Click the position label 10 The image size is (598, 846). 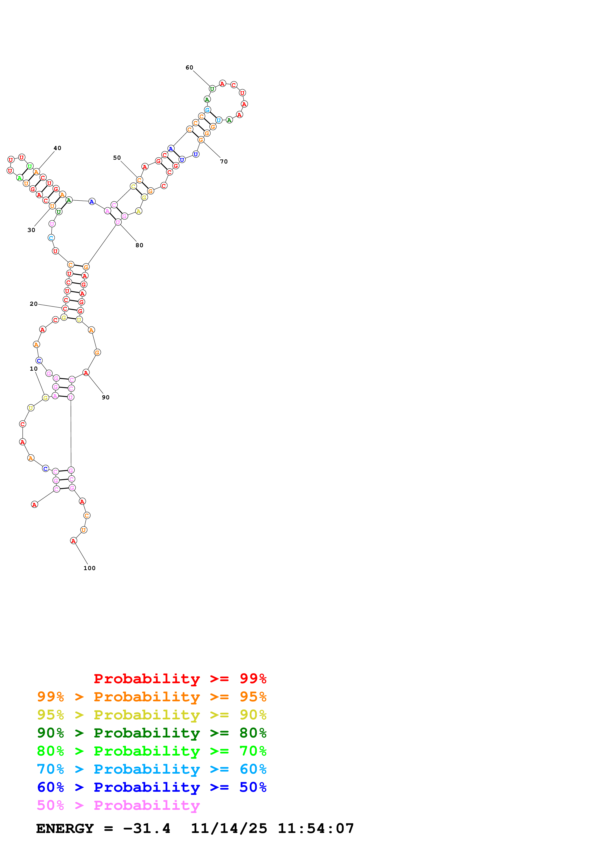[34, 368]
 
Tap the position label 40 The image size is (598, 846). [57, 148]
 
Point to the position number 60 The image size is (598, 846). [189, 68]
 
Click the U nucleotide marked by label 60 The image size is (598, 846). [212, 89]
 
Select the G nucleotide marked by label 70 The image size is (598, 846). [201, 140]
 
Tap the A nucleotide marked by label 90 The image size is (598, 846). [86, 373]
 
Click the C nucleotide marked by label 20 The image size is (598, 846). [65, 308]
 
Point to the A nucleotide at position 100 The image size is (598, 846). [73, 540]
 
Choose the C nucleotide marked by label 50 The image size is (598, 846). [139, 180]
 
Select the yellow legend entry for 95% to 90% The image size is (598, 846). [151, 715]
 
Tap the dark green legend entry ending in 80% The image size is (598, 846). [151, 733]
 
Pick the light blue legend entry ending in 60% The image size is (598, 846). [151, 769]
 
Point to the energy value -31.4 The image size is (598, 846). [147, 829]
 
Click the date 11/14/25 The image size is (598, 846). [229, 829]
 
